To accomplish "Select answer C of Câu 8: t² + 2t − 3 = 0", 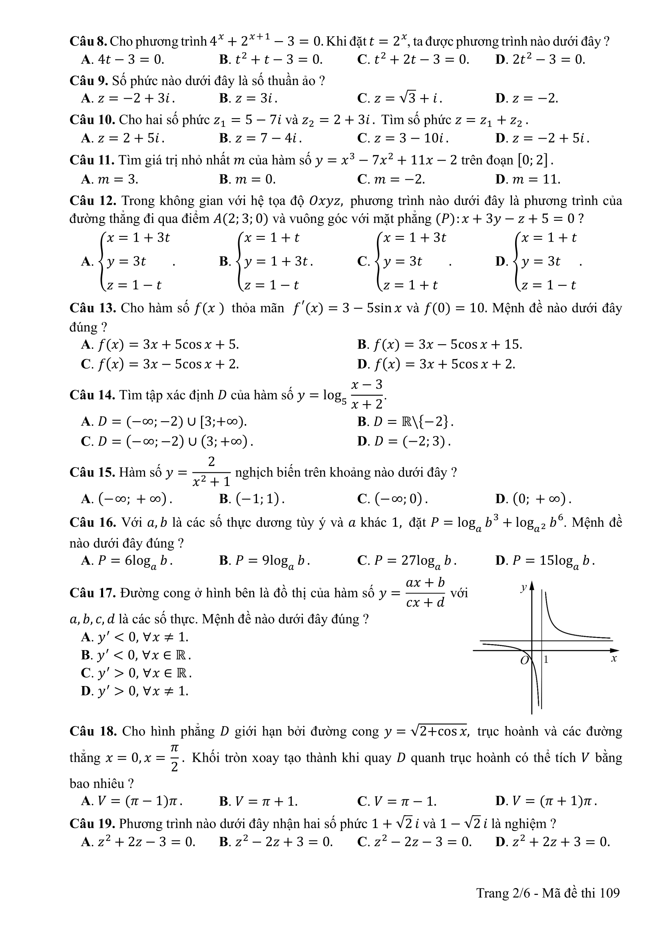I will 413,60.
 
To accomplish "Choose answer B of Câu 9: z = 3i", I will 248,98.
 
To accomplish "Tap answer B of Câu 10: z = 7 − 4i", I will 261,138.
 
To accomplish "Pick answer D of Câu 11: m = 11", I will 528,179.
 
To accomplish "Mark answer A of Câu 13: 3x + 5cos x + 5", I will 160,345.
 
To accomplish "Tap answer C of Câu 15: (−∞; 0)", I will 393,499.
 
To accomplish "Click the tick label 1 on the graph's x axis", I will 546,659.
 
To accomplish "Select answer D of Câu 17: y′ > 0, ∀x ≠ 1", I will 135,691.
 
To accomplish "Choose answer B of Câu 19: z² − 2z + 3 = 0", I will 276,842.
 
